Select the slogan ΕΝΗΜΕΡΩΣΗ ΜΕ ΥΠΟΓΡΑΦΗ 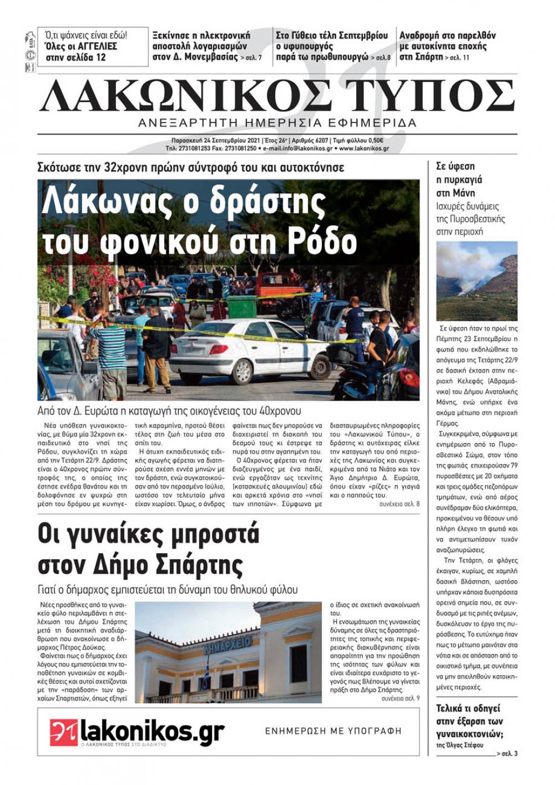(x=333, y=731)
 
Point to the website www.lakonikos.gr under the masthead (x=364, y=149)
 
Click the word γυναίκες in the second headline (x=114, y=535)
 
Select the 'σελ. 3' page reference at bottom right (x=509, y=753)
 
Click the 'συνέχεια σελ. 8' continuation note (x=399, y=504)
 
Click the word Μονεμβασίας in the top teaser (x=211, y=57)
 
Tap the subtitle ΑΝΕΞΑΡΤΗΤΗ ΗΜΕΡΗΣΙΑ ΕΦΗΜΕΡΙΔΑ (x=277, y=123)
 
